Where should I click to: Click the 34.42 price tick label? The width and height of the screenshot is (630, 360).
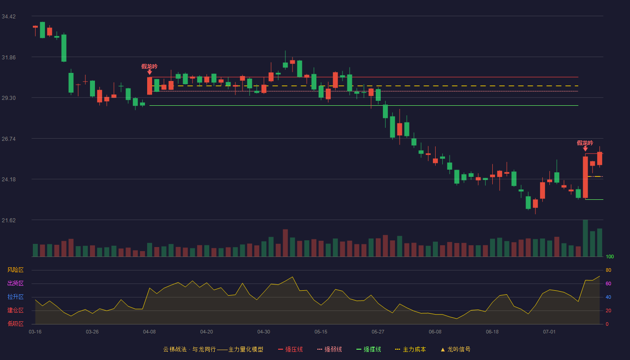(9, 17)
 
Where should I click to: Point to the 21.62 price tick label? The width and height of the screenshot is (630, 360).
(9, 220)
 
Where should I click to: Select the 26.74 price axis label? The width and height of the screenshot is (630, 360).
(9, 139)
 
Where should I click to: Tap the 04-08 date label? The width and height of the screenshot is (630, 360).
(149, 332)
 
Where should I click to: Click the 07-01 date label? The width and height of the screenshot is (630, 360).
(549, 332)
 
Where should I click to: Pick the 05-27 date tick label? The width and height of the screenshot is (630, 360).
(378, 332)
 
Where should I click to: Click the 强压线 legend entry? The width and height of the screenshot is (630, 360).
(290, 349)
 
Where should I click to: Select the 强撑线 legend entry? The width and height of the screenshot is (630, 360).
(369, 349)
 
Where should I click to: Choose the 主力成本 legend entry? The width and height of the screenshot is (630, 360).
(410, 349)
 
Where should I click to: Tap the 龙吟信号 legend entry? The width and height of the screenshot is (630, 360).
(455, 349)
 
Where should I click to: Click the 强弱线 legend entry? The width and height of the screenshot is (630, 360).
(329, 349)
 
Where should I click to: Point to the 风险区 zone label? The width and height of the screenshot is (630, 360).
(15, 270)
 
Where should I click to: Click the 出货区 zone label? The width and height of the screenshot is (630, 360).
(15, 283)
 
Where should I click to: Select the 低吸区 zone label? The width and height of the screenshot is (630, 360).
(15, 324)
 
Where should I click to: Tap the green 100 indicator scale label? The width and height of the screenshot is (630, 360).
(610, 256)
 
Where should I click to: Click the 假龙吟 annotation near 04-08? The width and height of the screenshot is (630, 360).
(149, 67)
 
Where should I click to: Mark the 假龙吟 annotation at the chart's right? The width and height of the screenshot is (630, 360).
(585, 143)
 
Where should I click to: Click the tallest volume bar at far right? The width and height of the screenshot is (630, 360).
(585, 238)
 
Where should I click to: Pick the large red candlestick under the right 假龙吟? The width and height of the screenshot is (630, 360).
(585, 177)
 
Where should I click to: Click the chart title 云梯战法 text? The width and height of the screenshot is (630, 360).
(175, 349)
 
